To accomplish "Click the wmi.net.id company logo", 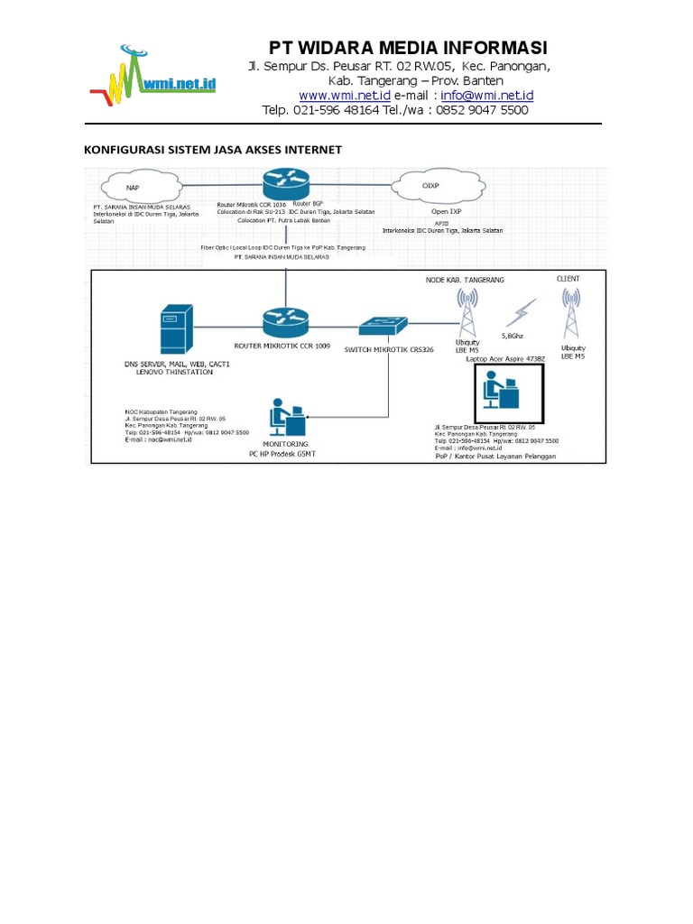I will pyautogui.click(x=153, y=76).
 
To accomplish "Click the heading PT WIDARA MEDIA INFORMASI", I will pyautogui.click(x=408, y=48).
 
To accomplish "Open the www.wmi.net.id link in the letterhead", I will pyautogui.click(x=344, y=95).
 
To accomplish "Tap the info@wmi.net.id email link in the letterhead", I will pyautogui.click(x=487, y=95).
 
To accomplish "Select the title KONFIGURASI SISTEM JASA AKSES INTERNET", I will pyautogui.click(x=213, y=150).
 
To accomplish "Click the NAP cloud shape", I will pyautogui.click(x=133, y=188).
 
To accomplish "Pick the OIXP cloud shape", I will pyautogui.click(x=430, y=186).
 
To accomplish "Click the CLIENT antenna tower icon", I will pyautogui.click(x=570, y=316).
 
